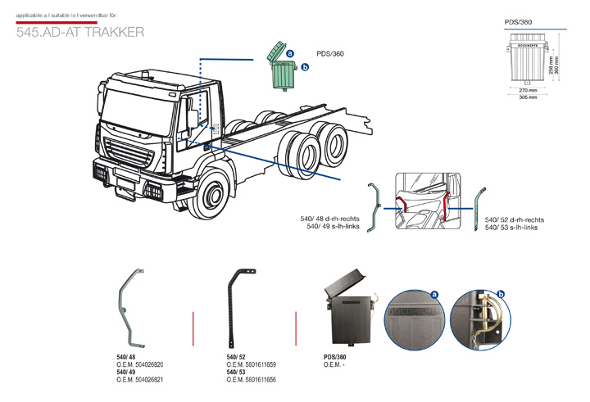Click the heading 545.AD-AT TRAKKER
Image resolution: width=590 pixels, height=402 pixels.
80,33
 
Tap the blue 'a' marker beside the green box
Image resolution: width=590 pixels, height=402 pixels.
291,52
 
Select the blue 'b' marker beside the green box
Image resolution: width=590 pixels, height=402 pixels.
305,68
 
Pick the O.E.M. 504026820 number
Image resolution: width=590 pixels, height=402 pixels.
140,364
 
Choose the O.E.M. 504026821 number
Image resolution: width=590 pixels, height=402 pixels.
140,380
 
